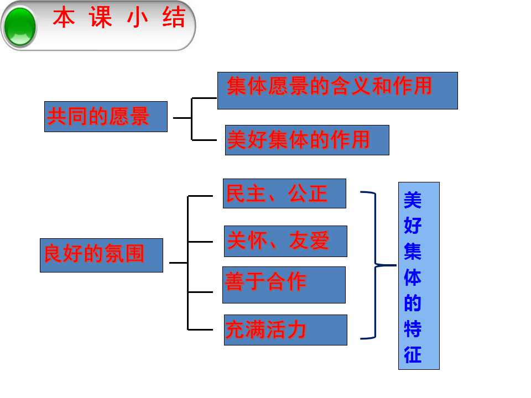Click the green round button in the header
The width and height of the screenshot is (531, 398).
pos(20,27)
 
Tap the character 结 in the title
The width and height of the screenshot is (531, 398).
pos(174,18)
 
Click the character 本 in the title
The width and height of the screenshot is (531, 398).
pos(64,18)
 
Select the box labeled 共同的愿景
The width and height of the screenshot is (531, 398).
pos(106,117)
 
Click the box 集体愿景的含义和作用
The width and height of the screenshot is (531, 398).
pos(337,90)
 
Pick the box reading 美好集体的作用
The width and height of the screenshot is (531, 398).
pos(307,140)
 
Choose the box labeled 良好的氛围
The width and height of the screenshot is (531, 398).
pos(101,255)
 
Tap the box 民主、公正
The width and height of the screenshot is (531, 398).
pos(284,193)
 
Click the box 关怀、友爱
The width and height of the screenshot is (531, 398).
pos(285,241)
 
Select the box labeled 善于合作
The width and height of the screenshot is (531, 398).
pos(284,285)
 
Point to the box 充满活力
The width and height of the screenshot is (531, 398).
pos(285,330)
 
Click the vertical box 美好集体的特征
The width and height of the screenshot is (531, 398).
pos(419,276)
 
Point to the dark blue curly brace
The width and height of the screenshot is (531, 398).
pos(376,265)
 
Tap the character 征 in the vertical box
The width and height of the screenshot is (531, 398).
pos(413,354)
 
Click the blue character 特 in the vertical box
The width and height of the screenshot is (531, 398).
pos(413,328)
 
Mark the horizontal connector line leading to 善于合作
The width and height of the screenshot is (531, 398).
pos(200,292)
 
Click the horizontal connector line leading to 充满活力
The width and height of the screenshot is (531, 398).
pos(200,329)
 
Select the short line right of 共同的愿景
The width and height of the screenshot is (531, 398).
pos(182,118)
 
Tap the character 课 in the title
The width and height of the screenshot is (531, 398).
pos(101,18)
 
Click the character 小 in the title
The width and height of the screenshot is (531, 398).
pos(138,18)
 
